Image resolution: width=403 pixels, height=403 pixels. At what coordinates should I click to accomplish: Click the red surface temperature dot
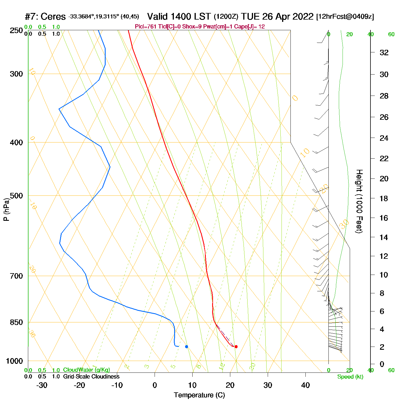coord(236,347)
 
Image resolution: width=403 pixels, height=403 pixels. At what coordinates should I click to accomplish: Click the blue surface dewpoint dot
coord(187,347)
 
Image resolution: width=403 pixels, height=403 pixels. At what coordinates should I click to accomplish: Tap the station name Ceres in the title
coord(53,17)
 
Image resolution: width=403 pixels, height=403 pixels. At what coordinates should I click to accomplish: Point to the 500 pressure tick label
coord(16,196)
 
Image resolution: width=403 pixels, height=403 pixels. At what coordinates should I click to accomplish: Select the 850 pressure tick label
coord(16,322)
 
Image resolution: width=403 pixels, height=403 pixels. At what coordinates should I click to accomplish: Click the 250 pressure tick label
coord(16,31)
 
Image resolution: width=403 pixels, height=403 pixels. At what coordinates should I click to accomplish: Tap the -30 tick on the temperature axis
coord(42,385)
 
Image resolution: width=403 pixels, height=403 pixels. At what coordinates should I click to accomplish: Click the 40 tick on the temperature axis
coord(305,385)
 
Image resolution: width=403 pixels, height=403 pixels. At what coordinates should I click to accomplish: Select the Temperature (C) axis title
coord(199,395)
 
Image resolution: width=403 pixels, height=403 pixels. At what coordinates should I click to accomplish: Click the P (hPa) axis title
coord(6,210)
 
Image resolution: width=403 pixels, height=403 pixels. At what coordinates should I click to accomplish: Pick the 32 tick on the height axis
coord(384,52)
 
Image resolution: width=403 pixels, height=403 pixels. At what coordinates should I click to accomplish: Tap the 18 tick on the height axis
coord(384,198)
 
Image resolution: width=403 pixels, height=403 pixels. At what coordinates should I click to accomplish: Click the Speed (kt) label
coord(350,377)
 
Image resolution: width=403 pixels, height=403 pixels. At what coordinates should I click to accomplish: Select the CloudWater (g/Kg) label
coord(86,370)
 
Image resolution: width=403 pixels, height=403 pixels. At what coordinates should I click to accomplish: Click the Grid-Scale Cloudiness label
coord(91,377)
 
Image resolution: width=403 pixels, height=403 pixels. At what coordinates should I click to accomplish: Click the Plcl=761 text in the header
coord(146,27)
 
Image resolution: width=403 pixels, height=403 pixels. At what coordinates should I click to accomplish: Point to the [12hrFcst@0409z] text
coord(345,17)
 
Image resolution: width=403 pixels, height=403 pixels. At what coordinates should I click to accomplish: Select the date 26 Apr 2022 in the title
coord(288,17)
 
